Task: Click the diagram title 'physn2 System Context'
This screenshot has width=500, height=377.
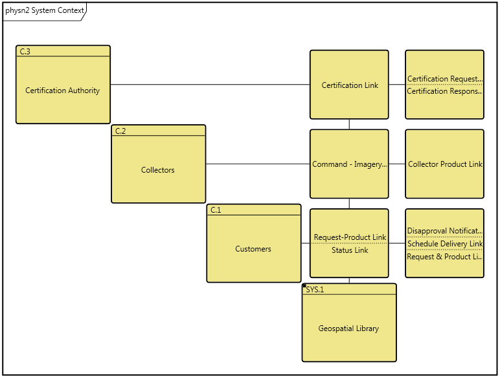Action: pos(45,10)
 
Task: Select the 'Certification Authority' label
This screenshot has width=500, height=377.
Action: pos(63,91)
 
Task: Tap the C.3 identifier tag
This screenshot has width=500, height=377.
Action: pos(25,51)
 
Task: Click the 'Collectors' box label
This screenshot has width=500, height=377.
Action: pos(158,170)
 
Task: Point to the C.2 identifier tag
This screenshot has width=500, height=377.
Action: pos(120,131)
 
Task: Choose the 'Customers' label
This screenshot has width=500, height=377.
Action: pos(253,249)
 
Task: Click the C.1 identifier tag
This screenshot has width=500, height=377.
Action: pos(216,210)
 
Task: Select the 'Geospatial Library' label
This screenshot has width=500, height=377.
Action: pos(348,329)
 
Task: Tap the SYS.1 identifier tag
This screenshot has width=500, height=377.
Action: pos(315,290)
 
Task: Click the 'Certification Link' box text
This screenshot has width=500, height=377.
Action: pos(350,85)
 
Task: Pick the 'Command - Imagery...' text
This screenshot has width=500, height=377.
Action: pos(349,164)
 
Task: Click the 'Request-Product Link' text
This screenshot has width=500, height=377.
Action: pos(350,237)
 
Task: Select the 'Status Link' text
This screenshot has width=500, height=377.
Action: pos(350,250)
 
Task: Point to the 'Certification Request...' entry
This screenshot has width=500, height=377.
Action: pos(444,79)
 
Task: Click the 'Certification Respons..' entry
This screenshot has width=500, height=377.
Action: pos(444,91)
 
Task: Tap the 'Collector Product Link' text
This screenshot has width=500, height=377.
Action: pos(445,164)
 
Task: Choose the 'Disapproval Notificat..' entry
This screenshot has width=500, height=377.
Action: pos(444,231)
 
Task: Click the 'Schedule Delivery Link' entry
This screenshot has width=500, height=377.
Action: pos(445,244)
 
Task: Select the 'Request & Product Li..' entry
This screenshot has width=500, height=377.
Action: pos(444,257)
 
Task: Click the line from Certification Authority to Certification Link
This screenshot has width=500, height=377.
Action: pos(210,85)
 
